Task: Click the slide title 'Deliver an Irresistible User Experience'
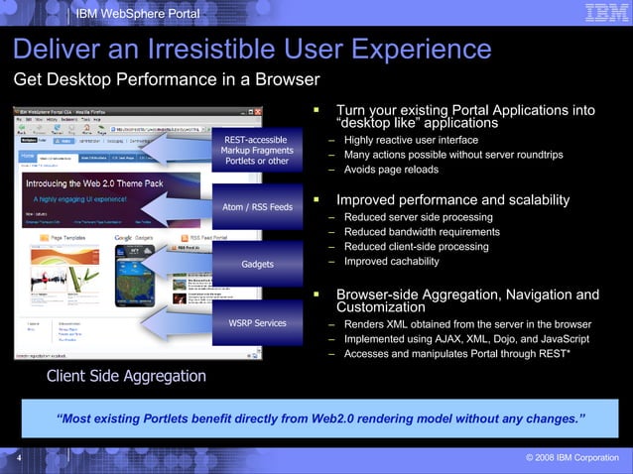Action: (252, 50)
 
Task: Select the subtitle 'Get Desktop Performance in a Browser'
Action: (166, 79)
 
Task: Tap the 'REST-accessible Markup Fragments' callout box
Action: (256, 150)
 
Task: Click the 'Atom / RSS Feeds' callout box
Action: (257, 207)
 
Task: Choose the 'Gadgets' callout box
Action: (257, 265)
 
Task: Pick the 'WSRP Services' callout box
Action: (257, 322)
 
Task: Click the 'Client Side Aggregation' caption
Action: (126, 376)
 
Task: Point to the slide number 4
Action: (19, 457)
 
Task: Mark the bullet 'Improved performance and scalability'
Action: (452, 200)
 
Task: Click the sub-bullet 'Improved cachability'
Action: (391, 261)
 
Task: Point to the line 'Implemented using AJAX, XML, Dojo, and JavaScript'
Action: (465, 339)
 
